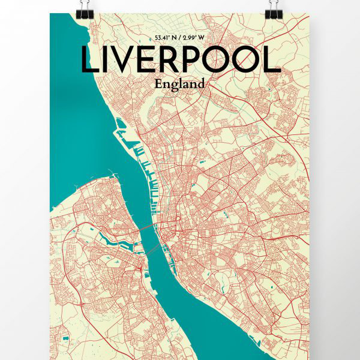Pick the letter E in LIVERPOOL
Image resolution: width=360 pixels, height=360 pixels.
[149, 60]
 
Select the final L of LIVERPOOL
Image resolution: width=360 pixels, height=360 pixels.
[273, 60]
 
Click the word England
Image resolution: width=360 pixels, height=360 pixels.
[179, 84]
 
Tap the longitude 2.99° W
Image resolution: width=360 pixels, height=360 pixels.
[194, 38]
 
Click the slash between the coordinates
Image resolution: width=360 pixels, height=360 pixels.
[181, 38]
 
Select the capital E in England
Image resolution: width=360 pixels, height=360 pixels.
[158, 83]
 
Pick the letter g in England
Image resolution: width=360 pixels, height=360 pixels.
[173, 85]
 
